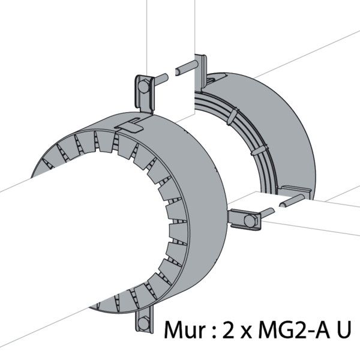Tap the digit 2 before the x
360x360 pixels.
click(229, 329)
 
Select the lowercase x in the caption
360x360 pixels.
click(247, 332)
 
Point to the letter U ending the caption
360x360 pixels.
click(343, 330)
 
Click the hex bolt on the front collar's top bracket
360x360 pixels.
click(144, 86)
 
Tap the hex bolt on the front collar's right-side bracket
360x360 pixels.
click(250, 221)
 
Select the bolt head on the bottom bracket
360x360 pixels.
click(143, 323)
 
